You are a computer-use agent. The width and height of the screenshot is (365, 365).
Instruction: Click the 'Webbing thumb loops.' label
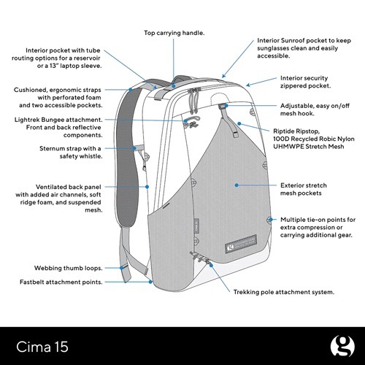[68, 268]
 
